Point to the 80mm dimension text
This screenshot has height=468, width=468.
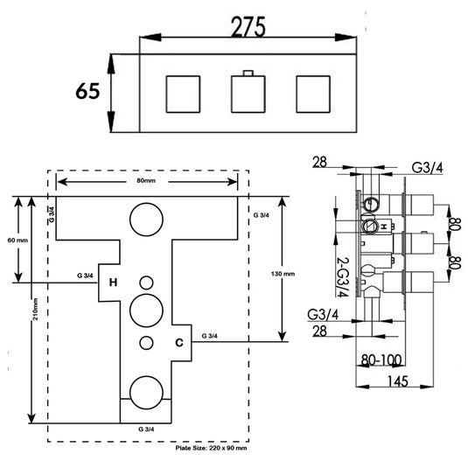[x=148, y=181]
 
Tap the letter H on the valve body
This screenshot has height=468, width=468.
[x=113, y=283]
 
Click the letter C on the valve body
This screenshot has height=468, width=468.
[x=178, y=343]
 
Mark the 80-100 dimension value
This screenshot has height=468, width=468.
[x=381, y=358]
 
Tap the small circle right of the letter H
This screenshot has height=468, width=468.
[x=145, y=282]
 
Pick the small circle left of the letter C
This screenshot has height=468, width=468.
[x=146, y=341]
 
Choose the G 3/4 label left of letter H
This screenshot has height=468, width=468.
[x=86, y=276]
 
